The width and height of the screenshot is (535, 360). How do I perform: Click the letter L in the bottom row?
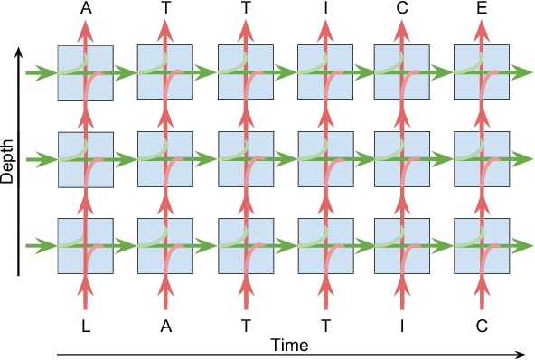[86, 327]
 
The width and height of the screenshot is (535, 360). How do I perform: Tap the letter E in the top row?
[480, 9]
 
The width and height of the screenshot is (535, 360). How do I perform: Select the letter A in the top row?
[86, 9]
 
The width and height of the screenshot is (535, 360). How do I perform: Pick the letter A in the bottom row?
[165, 327]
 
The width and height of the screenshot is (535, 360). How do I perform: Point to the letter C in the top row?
[401, 9]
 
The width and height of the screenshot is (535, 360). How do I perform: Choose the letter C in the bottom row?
[480, 327]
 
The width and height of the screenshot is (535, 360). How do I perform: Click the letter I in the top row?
[323, 9]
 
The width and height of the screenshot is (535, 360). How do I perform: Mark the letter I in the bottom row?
[401, 327]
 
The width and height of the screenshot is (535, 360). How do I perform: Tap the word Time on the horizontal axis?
[290, 345]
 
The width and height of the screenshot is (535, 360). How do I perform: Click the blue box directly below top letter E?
[480, 72]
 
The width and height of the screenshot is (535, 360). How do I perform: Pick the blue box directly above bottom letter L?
[86, 246]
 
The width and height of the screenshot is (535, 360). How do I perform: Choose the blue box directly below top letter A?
[86, 72]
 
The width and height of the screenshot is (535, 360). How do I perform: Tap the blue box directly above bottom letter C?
[480, 246]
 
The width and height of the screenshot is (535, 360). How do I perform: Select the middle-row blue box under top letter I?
[323, 159]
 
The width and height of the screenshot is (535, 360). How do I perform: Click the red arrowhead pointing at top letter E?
[480, 29]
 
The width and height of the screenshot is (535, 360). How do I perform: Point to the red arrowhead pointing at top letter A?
[86, 29]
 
